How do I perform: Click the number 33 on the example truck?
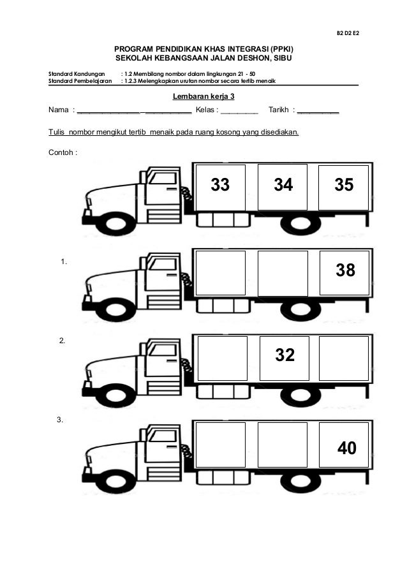[x=220, y=185]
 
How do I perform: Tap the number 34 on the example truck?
[x=283, y=185]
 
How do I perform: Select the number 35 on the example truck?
[x=344, y=185]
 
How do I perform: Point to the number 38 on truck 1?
[x=345, y=271]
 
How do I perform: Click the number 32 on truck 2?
[x=285, y=355]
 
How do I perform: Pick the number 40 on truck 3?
[x=346, y=449]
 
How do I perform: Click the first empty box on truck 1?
[x=220, y=273]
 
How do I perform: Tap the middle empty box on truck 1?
[x=283, y=273]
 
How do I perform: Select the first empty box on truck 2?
[x=223, y=358]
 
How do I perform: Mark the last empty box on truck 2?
[x=344, y=358]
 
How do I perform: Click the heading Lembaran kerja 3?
[x=204, y=96]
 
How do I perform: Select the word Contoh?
[x=61, y=153]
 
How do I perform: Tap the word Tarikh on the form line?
[x=279, y=110]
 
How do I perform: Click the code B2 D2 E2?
[x=347, y=31]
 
